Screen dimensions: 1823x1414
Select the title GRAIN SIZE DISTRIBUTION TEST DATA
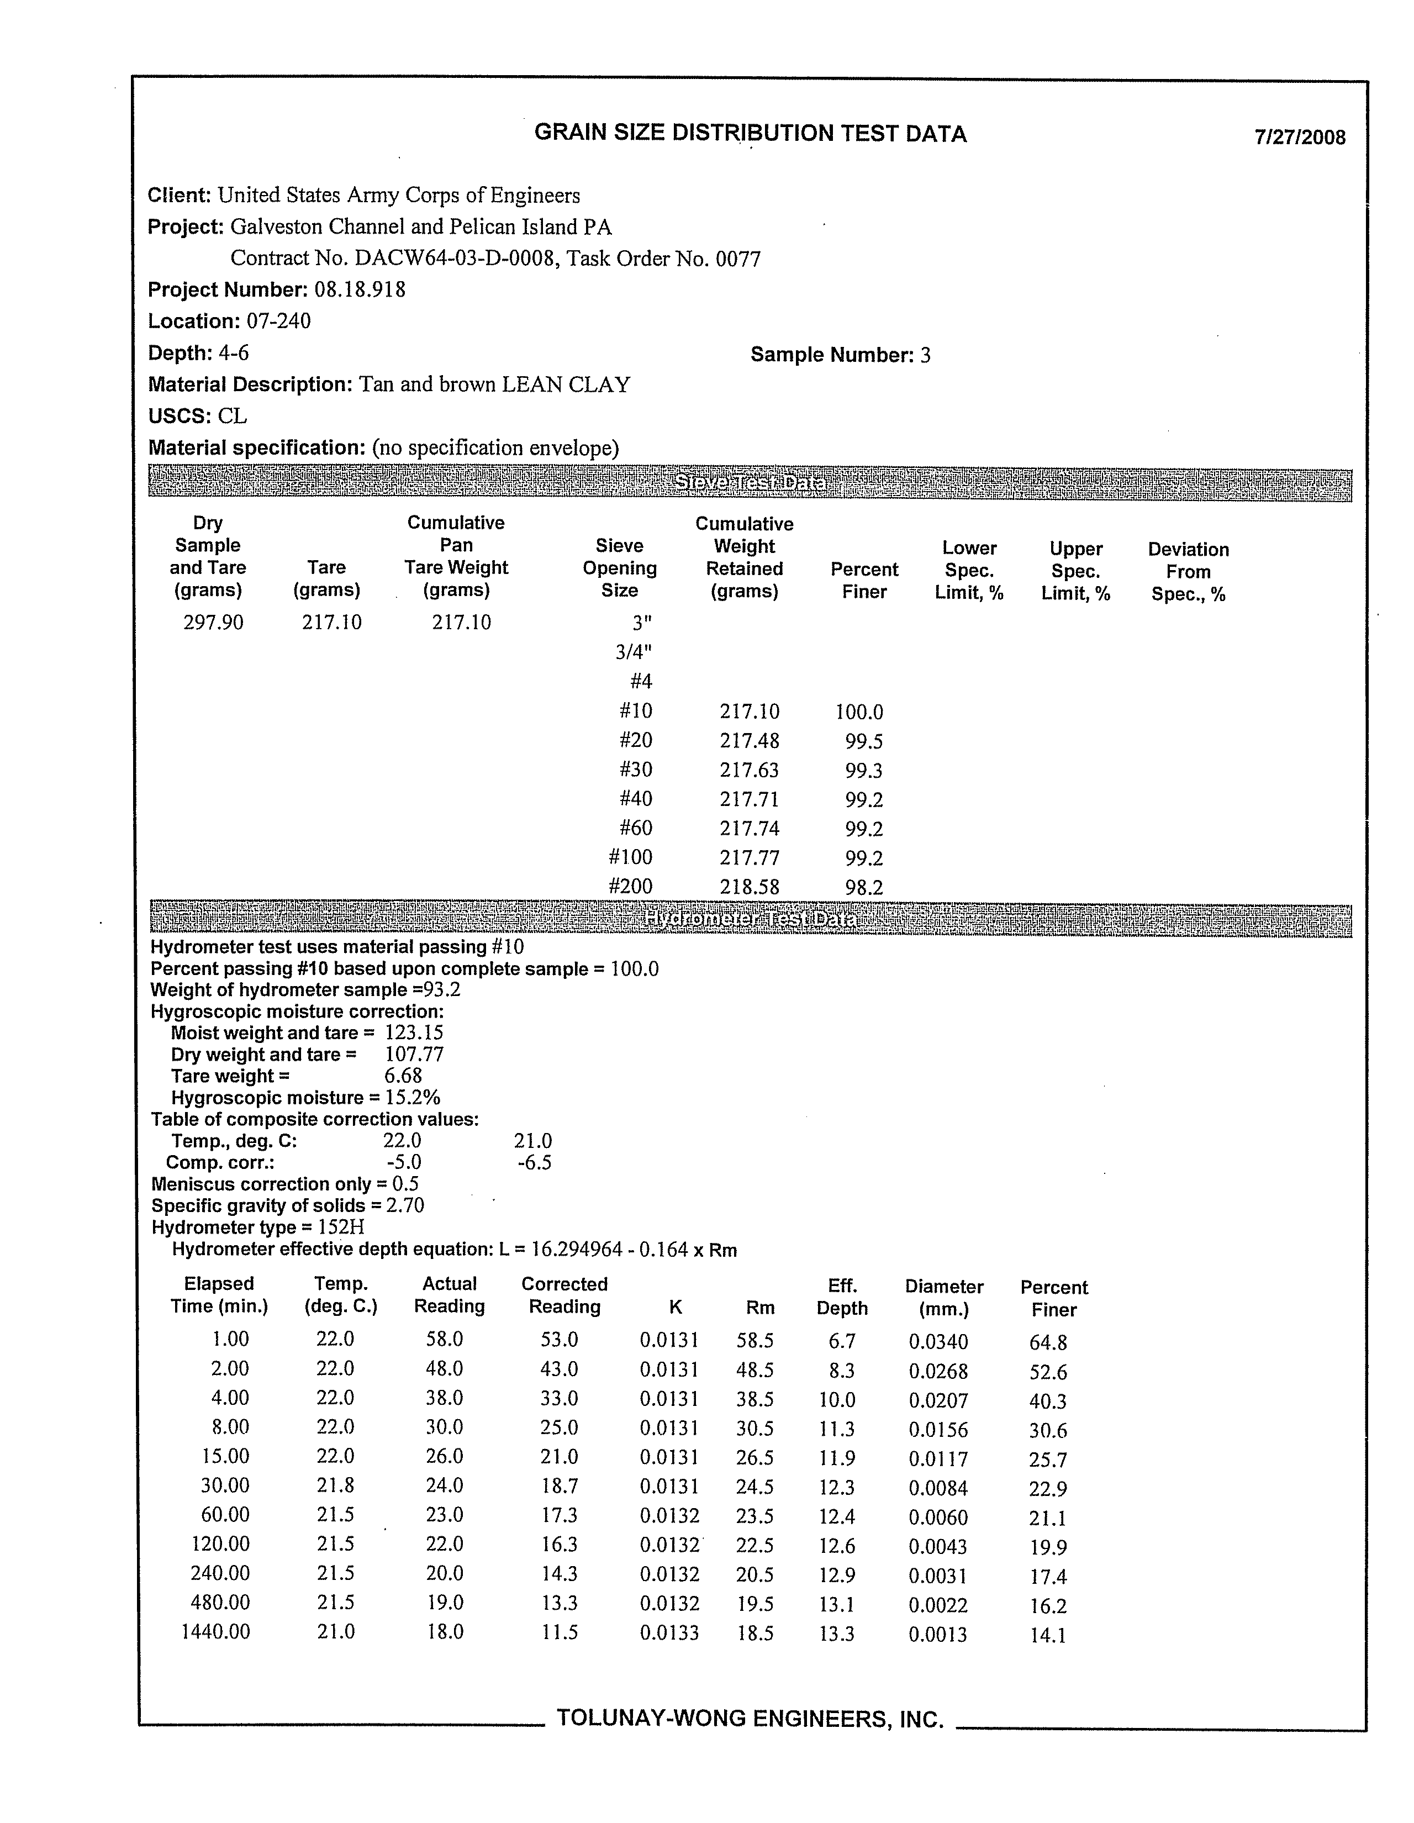[750, 134]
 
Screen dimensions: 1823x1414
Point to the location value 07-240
[278, 322]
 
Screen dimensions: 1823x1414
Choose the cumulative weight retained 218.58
[749, 887]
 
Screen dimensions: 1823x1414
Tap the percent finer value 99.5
[863, 741]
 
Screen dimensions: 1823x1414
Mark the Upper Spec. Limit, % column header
[1075, 571]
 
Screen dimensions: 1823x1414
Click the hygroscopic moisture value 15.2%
[413, 1098]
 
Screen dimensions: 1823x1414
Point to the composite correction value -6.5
[534, 1163]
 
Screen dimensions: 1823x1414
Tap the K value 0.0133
[668, 1632]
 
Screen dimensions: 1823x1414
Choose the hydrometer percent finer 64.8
[1048, 1342]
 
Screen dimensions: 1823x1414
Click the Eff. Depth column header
[841, 1297]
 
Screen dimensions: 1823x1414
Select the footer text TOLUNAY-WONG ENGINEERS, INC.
[750, 1719]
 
